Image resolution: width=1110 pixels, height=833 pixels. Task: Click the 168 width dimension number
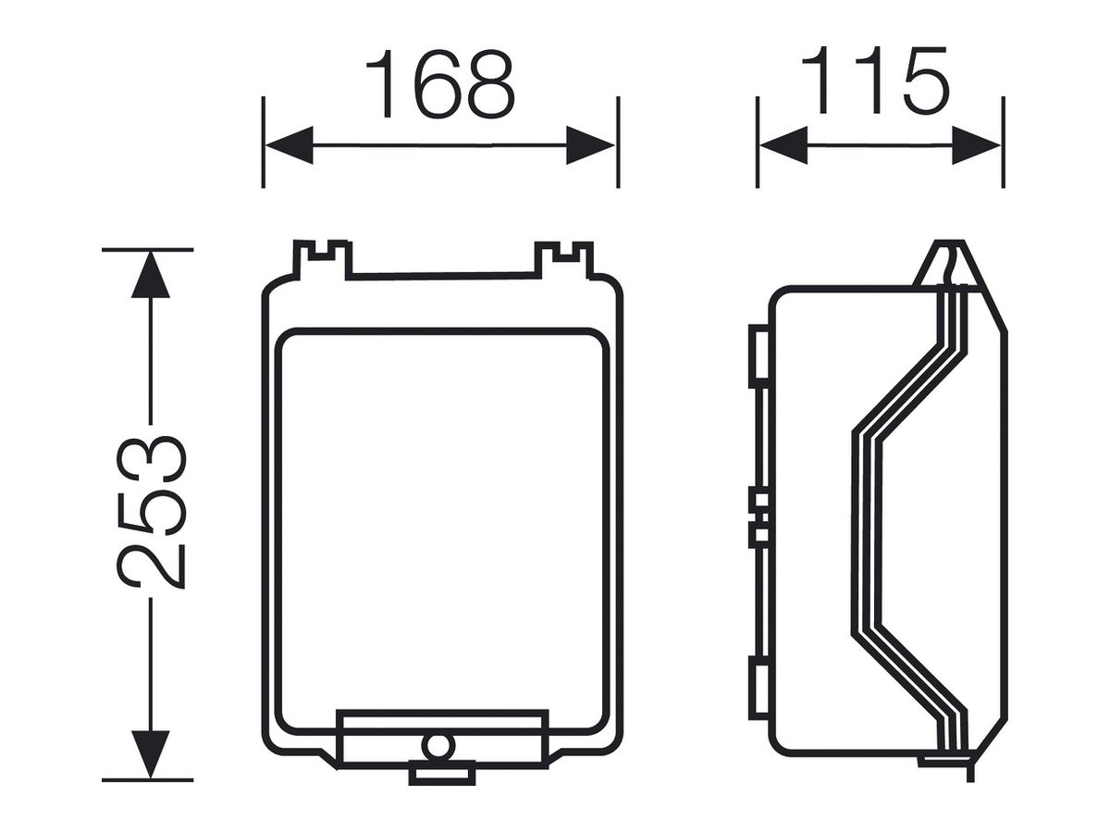click(439, 84)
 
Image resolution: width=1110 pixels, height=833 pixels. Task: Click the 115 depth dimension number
click(876, 81)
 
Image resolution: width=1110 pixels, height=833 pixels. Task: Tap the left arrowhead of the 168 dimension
click(290, 145)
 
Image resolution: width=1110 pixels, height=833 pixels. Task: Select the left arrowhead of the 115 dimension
click(783, 145)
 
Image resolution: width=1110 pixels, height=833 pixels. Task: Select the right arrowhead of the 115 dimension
click(976, 145)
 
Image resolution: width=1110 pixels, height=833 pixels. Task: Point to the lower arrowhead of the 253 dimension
click(150, 754)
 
